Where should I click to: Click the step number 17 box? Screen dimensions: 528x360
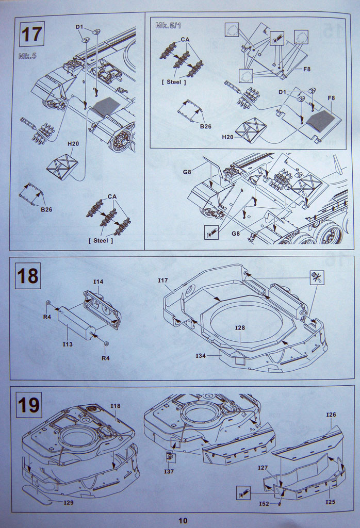coord(31,35)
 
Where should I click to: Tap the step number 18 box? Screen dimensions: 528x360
coord(28,276)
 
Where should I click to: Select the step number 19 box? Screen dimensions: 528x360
coord(28,405)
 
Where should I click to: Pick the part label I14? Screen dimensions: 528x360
coord(98,282)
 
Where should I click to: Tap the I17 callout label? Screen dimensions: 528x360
coord(163,280)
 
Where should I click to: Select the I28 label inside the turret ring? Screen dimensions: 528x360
coord(240,328)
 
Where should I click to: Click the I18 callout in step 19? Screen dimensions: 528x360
coord(115,406)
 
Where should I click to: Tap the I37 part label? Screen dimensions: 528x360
coord(169,471)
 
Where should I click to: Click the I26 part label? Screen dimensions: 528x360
coord(331,415)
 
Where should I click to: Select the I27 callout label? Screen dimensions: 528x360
coord(263,468)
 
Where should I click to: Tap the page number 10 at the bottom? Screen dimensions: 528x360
coord(183,520)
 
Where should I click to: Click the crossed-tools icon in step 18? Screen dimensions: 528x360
coord(316,277)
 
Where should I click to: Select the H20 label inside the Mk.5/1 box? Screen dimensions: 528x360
coord(227,137)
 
